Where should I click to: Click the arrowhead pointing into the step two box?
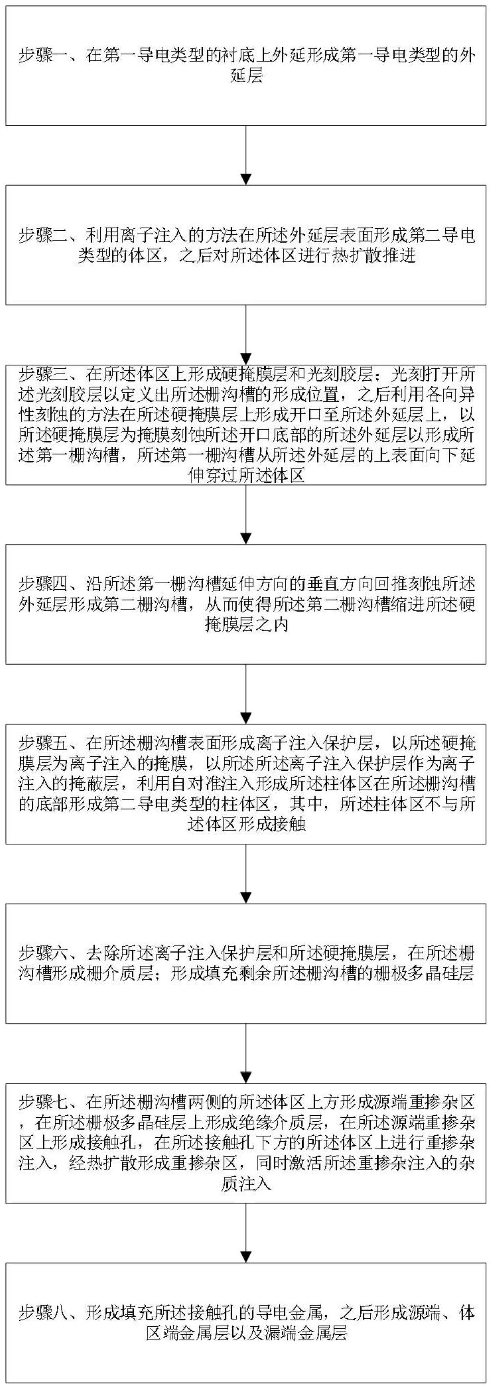coord(246,180)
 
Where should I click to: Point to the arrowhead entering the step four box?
coord(246,539)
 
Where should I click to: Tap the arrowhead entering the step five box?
coord(246,719)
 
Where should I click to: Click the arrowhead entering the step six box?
coord(246,898)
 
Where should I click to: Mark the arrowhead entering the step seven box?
coord(246,1078)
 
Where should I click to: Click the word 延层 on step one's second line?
coord(246,76)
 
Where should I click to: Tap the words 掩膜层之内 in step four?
coord(246,625)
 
